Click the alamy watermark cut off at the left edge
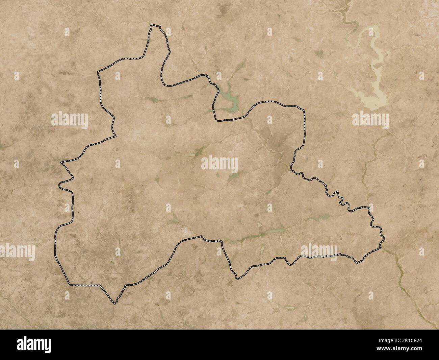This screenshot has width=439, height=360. (x=17, y=252)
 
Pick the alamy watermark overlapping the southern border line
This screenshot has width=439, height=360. (x=319, y=252)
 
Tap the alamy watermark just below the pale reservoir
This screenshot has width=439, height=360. (x=370, y=120)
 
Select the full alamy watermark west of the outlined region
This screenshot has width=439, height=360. (x=70, y=120)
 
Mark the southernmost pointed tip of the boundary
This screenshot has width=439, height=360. (x=115, y=303)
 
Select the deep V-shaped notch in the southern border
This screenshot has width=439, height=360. (x=237, y=279)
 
